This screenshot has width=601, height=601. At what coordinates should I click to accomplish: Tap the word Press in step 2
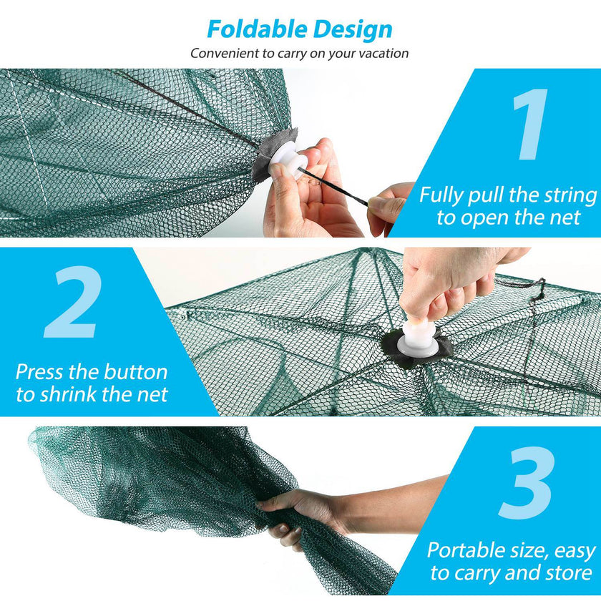(x=40, y=372)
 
